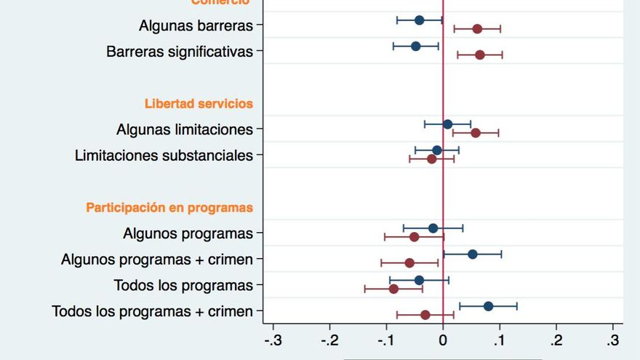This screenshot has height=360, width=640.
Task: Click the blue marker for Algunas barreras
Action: click(419, 20)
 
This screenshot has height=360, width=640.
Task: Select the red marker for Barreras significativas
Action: click(479, 55)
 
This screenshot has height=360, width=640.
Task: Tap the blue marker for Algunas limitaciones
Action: click(447, 124)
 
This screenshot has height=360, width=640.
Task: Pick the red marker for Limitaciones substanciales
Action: click(431, 159)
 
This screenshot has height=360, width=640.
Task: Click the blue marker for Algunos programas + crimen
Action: click(473, 254)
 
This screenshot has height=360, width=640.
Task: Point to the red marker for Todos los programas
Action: click(393, 289)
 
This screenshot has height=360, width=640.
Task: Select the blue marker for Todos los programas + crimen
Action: click(488, 306)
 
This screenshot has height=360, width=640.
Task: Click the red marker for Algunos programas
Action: click(414, 236)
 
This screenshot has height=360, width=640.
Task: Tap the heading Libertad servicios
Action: click(199, 103)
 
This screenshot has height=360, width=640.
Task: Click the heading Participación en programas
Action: click(169, 207)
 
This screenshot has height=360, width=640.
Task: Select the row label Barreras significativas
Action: click(180, 52)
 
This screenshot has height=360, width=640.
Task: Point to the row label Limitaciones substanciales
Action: click(164, 155)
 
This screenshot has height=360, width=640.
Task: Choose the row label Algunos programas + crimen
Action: click(157, 260)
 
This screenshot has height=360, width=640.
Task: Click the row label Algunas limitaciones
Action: click(185, 129)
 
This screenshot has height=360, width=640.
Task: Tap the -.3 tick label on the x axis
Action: click(273, 340)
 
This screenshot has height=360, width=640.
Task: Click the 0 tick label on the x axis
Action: click(443, 340)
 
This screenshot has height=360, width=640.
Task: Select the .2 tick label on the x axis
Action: click(556, 340)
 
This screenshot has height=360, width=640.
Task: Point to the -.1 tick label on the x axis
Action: click(386, 340)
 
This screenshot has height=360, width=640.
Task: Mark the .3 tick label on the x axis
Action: click(613, 340)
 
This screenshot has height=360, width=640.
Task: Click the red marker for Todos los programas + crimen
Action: click(425, 315)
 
